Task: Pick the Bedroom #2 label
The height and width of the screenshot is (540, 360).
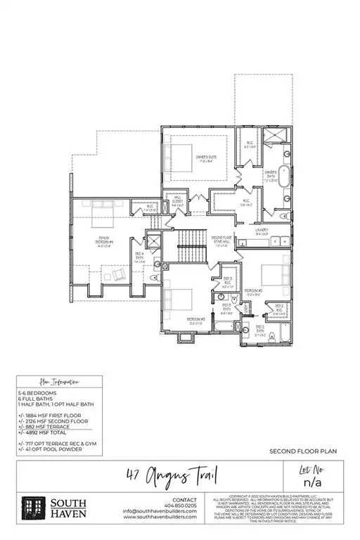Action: coord(254,290)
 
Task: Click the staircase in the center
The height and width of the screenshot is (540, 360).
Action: coord(191,245)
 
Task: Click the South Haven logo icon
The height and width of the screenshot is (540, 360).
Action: coord(32,508)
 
